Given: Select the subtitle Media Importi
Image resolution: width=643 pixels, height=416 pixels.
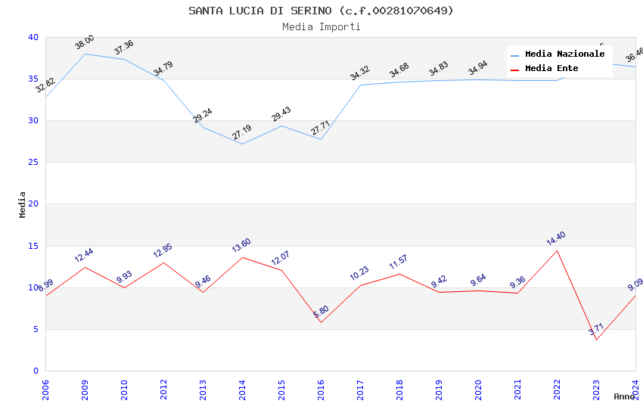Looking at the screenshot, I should click(321, 26).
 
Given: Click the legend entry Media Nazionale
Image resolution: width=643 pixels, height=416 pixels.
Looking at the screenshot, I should click(564, 54).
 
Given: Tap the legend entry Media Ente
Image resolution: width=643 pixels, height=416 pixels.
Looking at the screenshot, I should click(551, 69).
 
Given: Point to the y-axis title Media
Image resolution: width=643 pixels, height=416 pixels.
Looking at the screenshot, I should click(23, 204).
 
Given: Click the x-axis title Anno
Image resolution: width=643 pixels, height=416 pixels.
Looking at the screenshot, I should click(624, 396).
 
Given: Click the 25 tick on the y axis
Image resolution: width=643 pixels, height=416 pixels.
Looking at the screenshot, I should click(33, 163).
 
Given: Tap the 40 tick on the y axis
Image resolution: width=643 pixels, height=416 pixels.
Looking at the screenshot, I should click(33, 37).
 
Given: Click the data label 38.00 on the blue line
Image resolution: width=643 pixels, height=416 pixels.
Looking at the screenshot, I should click(85, 42).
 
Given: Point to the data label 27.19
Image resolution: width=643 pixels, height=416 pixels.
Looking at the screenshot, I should click(242, 132).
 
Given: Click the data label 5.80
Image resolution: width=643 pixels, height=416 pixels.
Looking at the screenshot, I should click(321, 312).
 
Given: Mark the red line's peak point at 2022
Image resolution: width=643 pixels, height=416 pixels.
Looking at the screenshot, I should click(558, 250).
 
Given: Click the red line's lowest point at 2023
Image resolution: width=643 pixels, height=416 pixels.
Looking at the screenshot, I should click(597, 340).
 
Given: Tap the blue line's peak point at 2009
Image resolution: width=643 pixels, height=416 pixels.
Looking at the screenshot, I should click(85, 54).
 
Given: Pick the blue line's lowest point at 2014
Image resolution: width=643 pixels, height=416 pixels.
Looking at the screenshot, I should click(242, 144).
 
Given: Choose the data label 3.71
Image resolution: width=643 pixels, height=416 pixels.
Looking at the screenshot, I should click(597, 329).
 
